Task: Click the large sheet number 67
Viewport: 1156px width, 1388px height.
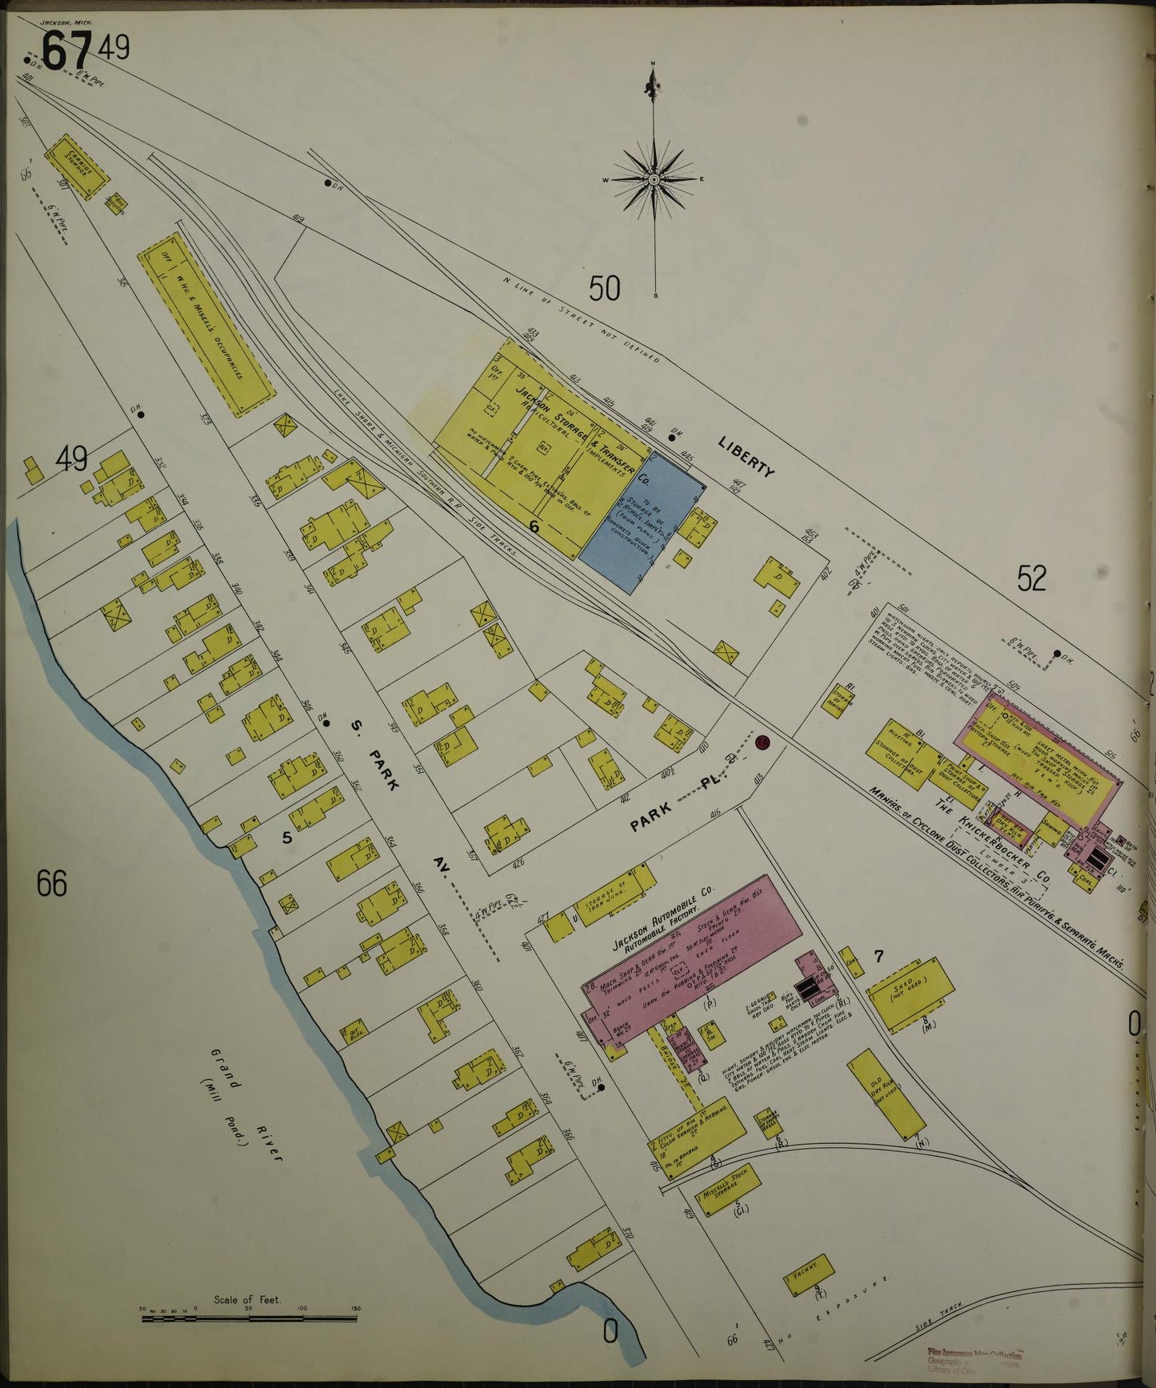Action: click(x=66, y=53)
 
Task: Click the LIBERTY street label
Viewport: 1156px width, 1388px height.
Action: click(x=746, y=458)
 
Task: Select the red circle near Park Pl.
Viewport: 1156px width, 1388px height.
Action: click(x=761, y=742)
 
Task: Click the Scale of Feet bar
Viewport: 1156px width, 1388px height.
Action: click(x=249, y=1318)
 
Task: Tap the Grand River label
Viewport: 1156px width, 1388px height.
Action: click(x=244, y=1104)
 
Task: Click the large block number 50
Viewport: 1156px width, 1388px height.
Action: click(x=604, y=288)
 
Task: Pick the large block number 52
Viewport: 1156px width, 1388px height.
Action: click(x=1031, y=578)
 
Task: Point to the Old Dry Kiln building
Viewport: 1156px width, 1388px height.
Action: click(x=886, y=1094)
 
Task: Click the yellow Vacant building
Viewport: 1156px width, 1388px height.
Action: click(x=809, y=1275)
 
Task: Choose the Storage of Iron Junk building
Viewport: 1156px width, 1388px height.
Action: click(x=615, y=894)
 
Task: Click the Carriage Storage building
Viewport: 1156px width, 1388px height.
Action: click(x=75, y=166)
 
